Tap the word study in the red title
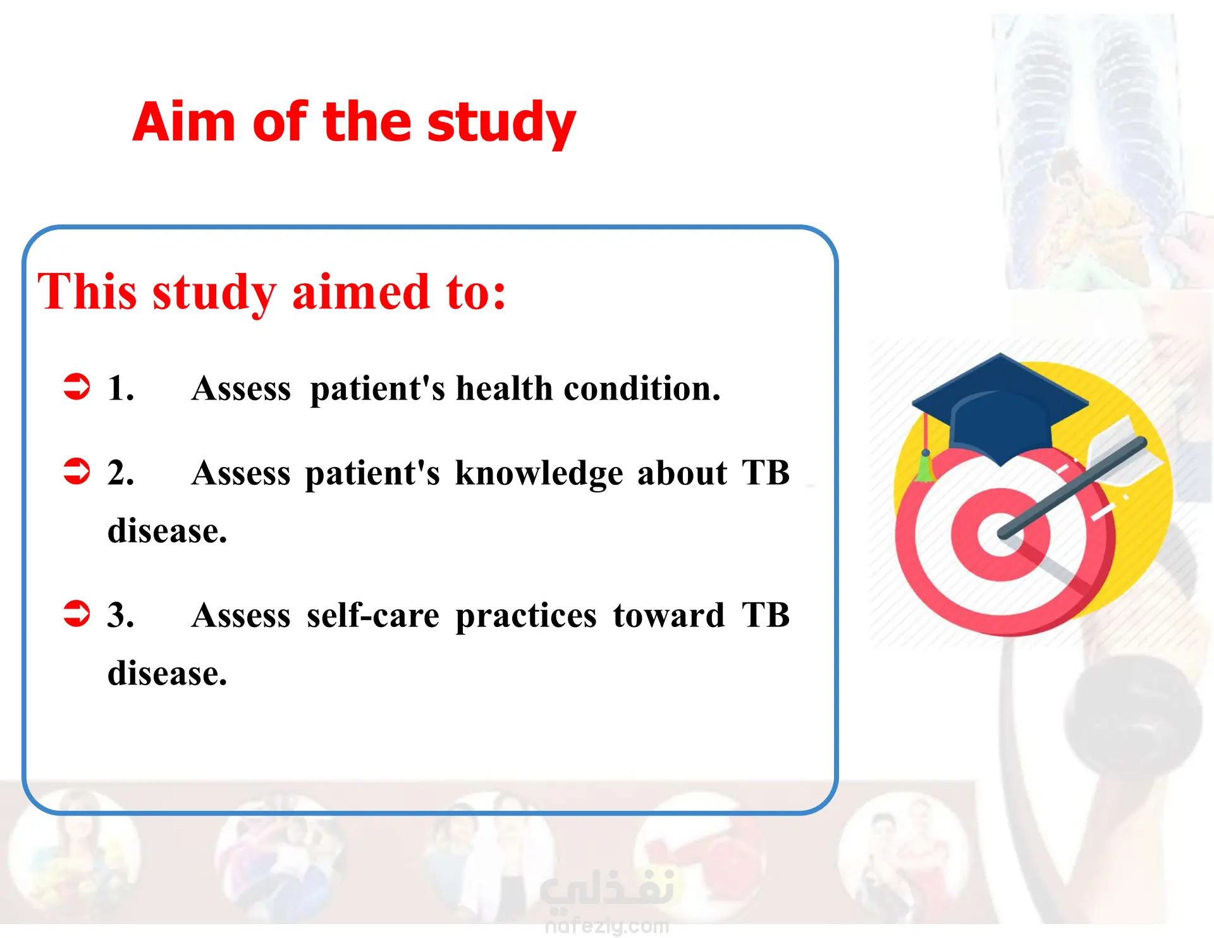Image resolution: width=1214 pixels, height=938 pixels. [501, 123]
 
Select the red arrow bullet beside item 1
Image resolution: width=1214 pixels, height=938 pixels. [77, 386]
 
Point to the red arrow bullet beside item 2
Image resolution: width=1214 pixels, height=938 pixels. [77, 471]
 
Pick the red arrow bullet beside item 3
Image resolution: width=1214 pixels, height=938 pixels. [77, 613]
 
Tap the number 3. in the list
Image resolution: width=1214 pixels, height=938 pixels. [121, 614]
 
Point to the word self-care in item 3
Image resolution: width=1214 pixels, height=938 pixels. [373, 615]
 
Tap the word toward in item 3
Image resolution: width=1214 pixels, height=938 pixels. [669, 615]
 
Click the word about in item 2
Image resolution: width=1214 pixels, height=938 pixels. [682, 473]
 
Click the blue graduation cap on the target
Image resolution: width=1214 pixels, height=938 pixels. [999, 410]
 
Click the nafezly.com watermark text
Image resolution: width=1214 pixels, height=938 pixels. [607, 926]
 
